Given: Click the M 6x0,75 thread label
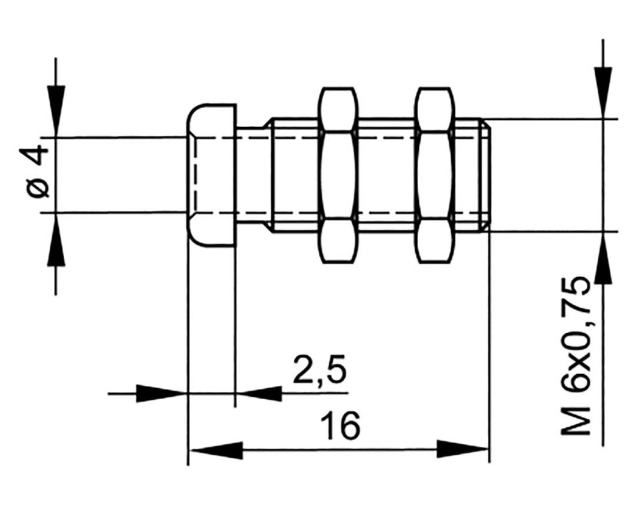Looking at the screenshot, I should click(x=576, y=356).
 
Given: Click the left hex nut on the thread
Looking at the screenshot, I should click(x=337, y=175).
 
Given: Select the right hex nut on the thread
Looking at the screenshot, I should click(x=433, y=175).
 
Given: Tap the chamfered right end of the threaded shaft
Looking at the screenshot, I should click(x=487, y=175).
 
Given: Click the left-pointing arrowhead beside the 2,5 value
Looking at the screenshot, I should click(x=259, y=393).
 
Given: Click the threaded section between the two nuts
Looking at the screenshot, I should click(x=386, y=175).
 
